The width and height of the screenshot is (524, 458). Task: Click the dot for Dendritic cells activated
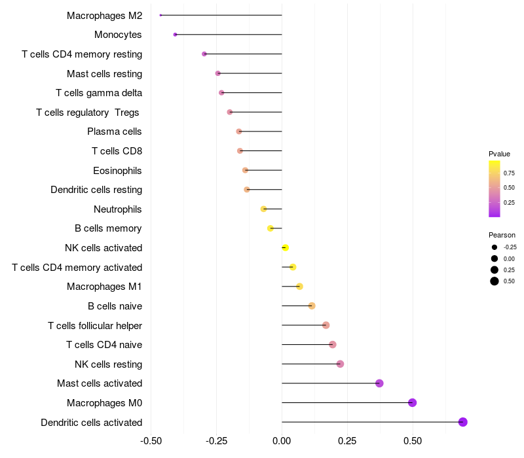tap(462, 422)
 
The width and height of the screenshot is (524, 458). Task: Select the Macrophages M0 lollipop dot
tap(412, 402)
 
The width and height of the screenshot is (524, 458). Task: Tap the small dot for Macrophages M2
tap(160, 15)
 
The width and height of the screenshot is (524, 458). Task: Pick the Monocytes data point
tap(175, 34)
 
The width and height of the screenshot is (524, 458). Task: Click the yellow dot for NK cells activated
tap(285, 247)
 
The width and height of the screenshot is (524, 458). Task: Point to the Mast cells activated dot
tap(379, 383)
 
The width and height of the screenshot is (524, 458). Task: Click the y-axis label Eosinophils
tap(117, 171)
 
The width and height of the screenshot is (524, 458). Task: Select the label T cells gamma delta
tap(99, 93)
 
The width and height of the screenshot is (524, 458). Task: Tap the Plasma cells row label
tap(115, 132)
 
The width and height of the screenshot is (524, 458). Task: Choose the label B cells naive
tap(115, 306)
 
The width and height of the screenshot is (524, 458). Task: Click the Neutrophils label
tap(118, 209)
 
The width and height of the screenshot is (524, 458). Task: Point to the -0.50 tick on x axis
tap(151, 441)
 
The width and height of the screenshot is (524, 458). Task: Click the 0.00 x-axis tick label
tap(282, 441)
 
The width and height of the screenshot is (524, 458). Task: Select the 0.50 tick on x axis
tap(412, 441)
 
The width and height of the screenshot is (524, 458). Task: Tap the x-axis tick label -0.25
tap(217, 441)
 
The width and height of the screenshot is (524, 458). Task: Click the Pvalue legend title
tap(499, 154)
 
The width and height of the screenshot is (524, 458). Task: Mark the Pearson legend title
tap(502, 235)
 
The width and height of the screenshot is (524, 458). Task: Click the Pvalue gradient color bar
tap(495, 188)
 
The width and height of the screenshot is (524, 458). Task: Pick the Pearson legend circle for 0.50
tap(495, 281)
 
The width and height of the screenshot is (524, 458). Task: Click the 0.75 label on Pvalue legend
tap(509, 173)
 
